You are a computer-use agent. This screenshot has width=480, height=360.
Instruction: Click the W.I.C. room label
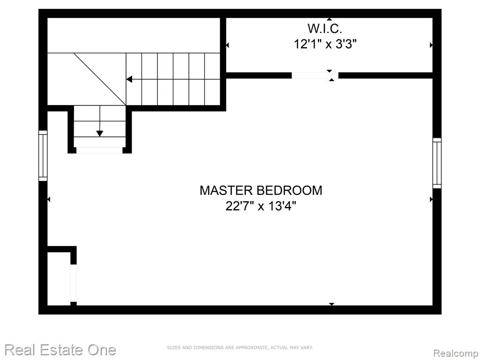point(324,29)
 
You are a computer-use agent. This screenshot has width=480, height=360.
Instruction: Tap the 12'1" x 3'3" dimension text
point(325,45)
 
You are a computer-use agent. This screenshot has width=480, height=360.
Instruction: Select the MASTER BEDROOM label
point(261,190)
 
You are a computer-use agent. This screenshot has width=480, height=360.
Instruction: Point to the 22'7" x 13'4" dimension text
point(261,206)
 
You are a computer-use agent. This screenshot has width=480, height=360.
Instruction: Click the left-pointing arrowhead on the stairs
point(129,80)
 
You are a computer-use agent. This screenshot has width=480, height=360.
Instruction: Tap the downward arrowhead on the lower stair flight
point(99,134)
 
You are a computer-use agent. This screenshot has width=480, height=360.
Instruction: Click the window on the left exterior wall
point(43,156)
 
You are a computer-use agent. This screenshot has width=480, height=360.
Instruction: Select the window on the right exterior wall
point(437,163)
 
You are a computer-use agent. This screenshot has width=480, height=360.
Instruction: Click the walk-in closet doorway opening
point(315,75)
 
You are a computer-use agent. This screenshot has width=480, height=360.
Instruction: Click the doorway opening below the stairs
point(99,150)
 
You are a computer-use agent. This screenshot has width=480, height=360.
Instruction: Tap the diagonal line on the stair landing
point(100,79)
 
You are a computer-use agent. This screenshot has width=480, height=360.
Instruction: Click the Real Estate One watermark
point(60,350)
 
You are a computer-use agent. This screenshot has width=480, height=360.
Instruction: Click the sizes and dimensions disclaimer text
point(240,347)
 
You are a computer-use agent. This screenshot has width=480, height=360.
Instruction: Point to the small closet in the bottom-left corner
point(59,278)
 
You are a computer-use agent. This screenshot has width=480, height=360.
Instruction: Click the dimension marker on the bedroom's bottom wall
point(331,304)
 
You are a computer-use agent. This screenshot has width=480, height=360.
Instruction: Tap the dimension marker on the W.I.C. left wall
point(227,45)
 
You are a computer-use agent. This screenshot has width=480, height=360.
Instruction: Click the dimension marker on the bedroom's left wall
point(49,199)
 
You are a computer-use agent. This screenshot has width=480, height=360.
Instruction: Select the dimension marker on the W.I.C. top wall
point(329,19)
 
